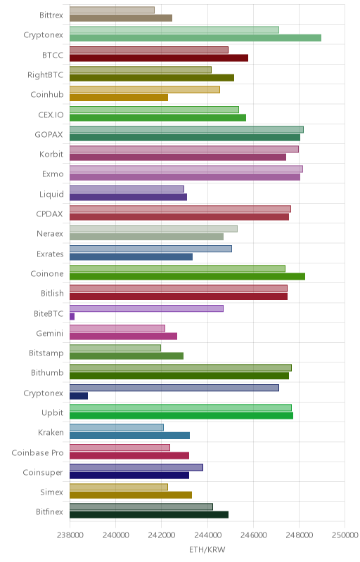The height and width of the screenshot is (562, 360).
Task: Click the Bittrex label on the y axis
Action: (x=51, y=15)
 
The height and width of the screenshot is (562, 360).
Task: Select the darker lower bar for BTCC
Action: (x=159, y=58)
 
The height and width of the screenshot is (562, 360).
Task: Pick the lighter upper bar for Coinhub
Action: (x=145, y=90)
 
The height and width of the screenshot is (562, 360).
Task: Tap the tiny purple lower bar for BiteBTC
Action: (x=72, y=317)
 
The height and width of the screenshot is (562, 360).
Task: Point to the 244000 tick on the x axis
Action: (x=207, y=535)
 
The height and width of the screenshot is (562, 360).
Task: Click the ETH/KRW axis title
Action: (x=207, y=550)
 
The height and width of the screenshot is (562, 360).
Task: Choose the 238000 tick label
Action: (x=70, y=535)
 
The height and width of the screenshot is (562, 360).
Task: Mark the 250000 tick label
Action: (x=345, y=535)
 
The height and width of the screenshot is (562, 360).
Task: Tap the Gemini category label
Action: (x=49, y=333)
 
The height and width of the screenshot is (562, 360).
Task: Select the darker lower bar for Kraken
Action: (x=129, y=436)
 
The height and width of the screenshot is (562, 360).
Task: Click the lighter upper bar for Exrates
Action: (x=150, y=249)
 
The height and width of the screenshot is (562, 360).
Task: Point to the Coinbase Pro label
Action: (x=37, y=452)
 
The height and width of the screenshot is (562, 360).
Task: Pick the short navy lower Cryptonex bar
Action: (x=79, y=396)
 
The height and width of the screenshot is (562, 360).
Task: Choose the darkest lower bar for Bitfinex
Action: (x=149, y=515)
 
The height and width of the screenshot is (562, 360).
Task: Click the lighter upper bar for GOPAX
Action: (x=186, y=129)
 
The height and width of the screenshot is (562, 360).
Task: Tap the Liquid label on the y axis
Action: (x=51, y=195)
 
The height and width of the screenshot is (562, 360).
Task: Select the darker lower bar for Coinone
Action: (x=187, y=276)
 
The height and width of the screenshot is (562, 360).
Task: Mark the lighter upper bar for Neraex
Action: (x=153, y=229)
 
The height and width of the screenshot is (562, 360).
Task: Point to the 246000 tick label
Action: (x=253, y=535)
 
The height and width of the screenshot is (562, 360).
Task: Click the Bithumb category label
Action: (x=47, y=373)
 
